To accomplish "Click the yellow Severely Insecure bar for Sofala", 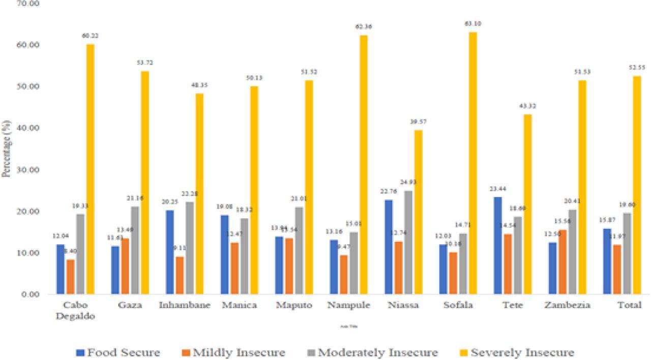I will tap(473, 163).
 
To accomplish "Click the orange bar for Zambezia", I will tap(562, 262).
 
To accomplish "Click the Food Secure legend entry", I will tap(119, 352).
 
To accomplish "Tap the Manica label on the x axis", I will tap(239, 306).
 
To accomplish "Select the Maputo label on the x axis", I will tap(293, 306).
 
